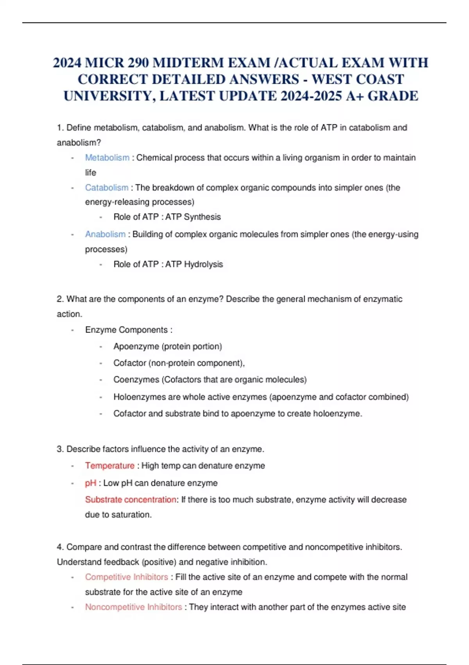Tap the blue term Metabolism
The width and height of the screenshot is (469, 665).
(x=107, y=158)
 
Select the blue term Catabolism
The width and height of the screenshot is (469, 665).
(x=107, y=188)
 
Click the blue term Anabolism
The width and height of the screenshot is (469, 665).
(x=105, y=234)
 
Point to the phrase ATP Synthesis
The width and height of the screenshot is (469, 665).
(x=193, y=217)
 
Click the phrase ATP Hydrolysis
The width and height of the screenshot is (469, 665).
(x=194, y=264)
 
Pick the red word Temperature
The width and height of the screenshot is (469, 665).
(x=109, y=466)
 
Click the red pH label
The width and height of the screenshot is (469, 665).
(x=90, y=483)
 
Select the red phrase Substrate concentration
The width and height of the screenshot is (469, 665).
(x=131, y=500)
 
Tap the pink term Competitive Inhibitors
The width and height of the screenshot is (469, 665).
(x=126, y=577)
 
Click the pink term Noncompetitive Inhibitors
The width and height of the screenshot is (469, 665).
(x=133, y=607)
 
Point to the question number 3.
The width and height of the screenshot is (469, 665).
(x=60, y=449)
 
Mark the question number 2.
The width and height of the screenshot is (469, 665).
(x=60, y=299)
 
